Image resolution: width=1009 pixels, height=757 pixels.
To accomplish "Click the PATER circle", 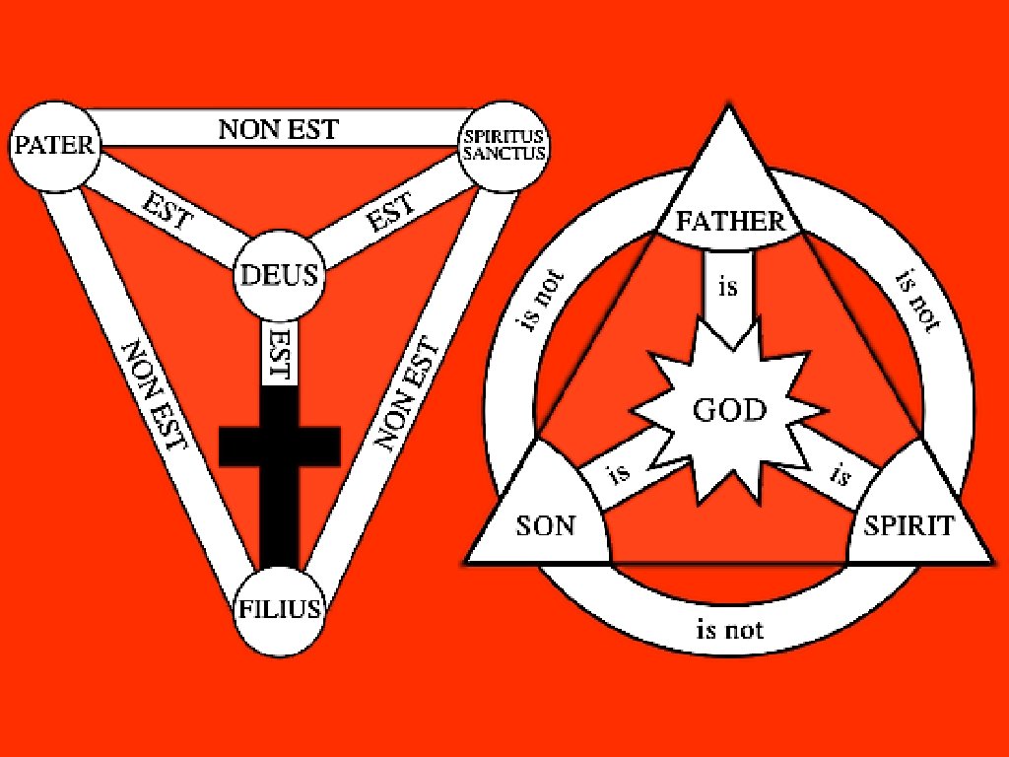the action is click(53, 146).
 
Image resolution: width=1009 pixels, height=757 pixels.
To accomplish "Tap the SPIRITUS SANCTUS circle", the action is click(504, 147).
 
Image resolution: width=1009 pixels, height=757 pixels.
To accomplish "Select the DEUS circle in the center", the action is click(280, 275).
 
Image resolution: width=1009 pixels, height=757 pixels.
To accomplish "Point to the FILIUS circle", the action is click(280, 608).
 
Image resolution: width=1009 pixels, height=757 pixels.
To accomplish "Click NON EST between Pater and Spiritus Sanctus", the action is click(278, 128).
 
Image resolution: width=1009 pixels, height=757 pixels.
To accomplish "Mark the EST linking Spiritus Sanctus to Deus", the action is click(391, 210).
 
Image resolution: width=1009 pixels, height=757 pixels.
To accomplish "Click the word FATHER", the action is click(730, 221).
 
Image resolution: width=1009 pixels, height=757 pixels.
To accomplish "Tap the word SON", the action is click(545, 524).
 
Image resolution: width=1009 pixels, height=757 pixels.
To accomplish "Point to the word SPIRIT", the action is click(908, 525).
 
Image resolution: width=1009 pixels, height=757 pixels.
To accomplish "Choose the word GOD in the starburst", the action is click(730, 410).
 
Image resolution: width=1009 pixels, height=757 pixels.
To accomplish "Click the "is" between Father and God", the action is click(728, 289).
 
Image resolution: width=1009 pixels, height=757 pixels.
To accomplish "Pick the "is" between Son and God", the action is click(619, 472).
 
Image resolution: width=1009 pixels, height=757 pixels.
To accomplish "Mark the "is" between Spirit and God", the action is click(840, 476).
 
